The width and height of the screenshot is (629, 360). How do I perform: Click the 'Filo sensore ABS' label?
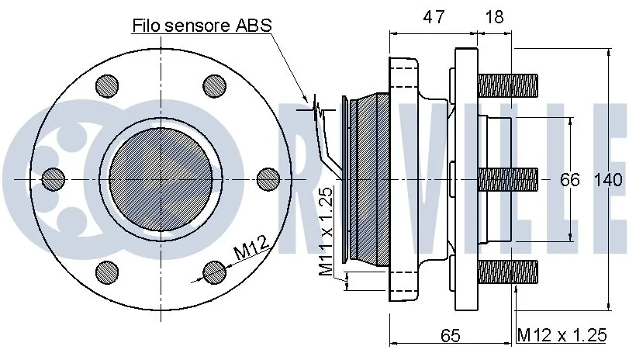tap(202, 25)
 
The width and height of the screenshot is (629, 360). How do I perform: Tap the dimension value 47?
tap(434, 17)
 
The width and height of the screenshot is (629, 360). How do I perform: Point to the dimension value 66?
tap(570, 180)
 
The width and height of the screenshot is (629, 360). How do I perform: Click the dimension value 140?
tap(608, 180)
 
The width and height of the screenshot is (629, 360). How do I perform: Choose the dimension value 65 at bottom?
tap(450, 336)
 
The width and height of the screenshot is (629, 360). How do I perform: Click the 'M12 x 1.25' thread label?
tap(562, 336)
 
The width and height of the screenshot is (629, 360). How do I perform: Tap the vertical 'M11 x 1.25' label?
tap(326, 232)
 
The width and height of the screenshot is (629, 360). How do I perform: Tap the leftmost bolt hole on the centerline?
tap(53, 180)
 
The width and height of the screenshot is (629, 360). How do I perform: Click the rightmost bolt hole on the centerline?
tap(266, 180)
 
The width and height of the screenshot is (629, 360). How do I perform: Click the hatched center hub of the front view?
tap(161, 178)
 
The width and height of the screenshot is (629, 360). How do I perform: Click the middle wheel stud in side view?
tap(509, 180)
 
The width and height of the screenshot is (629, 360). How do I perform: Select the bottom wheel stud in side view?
tap(509, 270)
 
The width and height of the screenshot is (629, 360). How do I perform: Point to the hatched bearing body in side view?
tap(371, 180)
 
